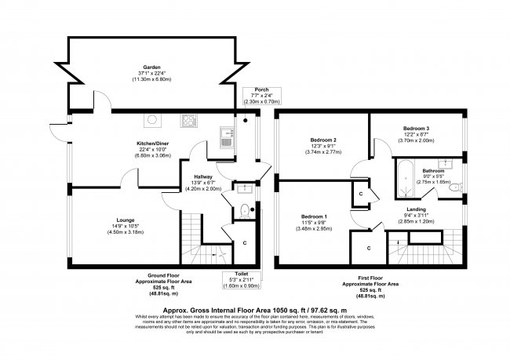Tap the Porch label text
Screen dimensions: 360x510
pos(250,89)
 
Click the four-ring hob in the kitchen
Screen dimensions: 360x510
pos(189,120)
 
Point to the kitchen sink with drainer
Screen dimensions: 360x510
pos(226,137)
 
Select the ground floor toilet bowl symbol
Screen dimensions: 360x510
pos(244,210)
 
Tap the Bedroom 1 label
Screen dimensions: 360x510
pos(315,216)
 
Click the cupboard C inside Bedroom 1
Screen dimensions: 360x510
pos(369,249)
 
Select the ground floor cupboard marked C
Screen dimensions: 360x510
pos(245,243)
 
